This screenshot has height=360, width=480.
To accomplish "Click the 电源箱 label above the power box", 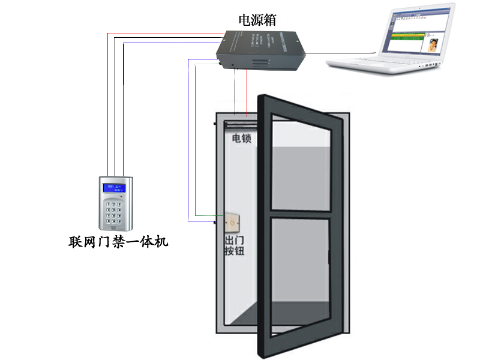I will pyautogui.click(x=257, y=20).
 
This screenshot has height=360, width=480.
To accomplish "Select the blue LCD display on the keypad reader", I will pyautogui.click(x=112, y=188).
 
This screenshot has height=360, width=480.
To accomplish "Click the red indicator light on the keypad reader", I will pyautogui.click(x=121, y=197).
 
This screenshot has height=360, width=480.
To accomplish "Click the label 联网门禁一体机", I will pyautogui.click(x=119, y=242).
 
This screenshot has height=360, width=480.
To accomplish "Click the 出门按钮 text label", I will pyautogui.click(x=233, y=246).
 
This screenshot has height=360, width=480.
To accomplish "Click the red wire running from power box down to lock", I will pyautogui.click(x=247, y=90).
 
